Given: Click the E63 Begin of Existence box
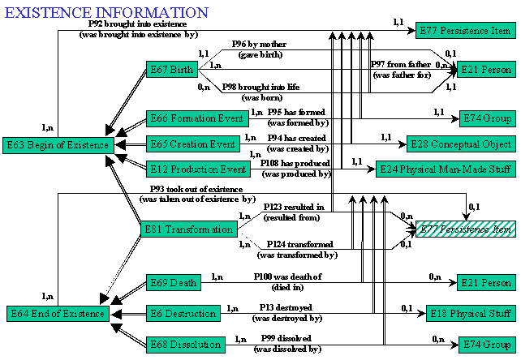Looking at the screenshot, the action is (58, 145).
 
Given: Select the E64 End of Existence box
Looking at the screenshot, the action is (58, 314).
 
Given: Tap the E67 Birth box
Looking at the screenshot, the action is (172, 70).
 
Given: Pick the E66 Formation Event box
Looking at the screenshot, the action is (197, 118).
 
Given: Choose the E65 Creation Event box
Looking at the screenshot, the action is (193, 144).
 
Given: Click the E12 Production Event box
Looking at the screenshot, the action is (198, 169).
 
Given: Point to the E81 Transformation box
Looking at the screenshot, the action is (189, 229).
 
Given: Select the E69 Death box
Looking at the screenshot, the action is (174, 283).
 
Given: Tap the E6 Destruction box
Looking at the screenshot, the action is (183, 314).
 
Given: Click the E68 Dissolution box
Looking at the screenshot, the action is (186, 345).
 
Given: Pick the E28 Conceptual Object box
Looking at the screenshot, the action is (461, 144).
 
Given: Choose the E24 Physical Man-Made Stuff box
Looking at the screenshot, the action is (446, 169).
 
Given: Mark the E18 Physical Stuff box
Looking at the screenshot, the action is (471, 314).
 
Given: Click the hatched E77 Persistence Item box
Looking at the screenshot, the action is (466, 229).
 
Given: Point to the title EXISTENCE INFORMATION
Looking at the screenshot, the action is (106, 13).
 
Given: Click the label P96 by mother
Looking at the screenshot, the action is (259, 44).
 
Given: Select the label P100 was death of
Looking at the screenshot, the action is (288, 276).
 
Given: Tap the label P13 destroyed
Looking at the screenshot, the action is (286, 307).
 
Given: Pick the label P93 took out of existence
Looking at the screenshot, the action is (196, 189).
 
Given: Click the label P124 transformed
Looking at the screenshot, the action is (300, 244).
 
